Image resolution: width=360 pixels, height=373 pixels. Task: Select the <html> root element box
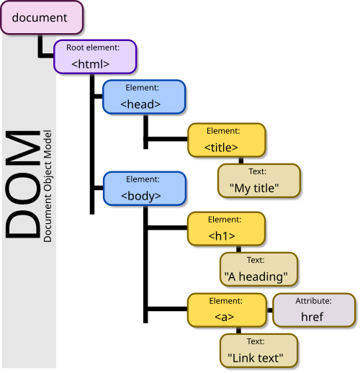(x=95, y=56)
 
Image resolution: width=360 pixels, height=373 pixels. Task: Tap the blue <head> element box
(x=145, y=96)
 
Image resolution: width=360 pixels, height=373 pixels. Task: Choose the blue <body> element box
(x=145, y=188)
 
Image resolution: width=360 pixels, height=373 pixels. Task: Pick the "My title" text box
(x=258, y=180)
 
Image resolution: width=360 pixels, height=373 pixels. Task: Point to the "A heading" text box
(x=258, y=269)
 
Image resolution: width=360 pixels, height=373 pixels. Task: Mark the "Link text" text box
(x=258, y=350)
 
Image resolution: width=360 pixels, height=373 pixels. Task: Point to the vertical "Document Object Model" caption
(x=48, y=186)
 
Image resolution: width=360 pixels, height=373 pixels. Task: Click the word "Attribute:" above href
(x=313, y=301)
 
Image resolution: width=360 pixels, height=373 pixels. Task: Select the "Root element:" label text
(x=93, y=48)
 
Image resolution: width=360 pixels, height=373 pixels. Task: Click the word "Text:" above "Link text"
(x=256, y=341)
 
